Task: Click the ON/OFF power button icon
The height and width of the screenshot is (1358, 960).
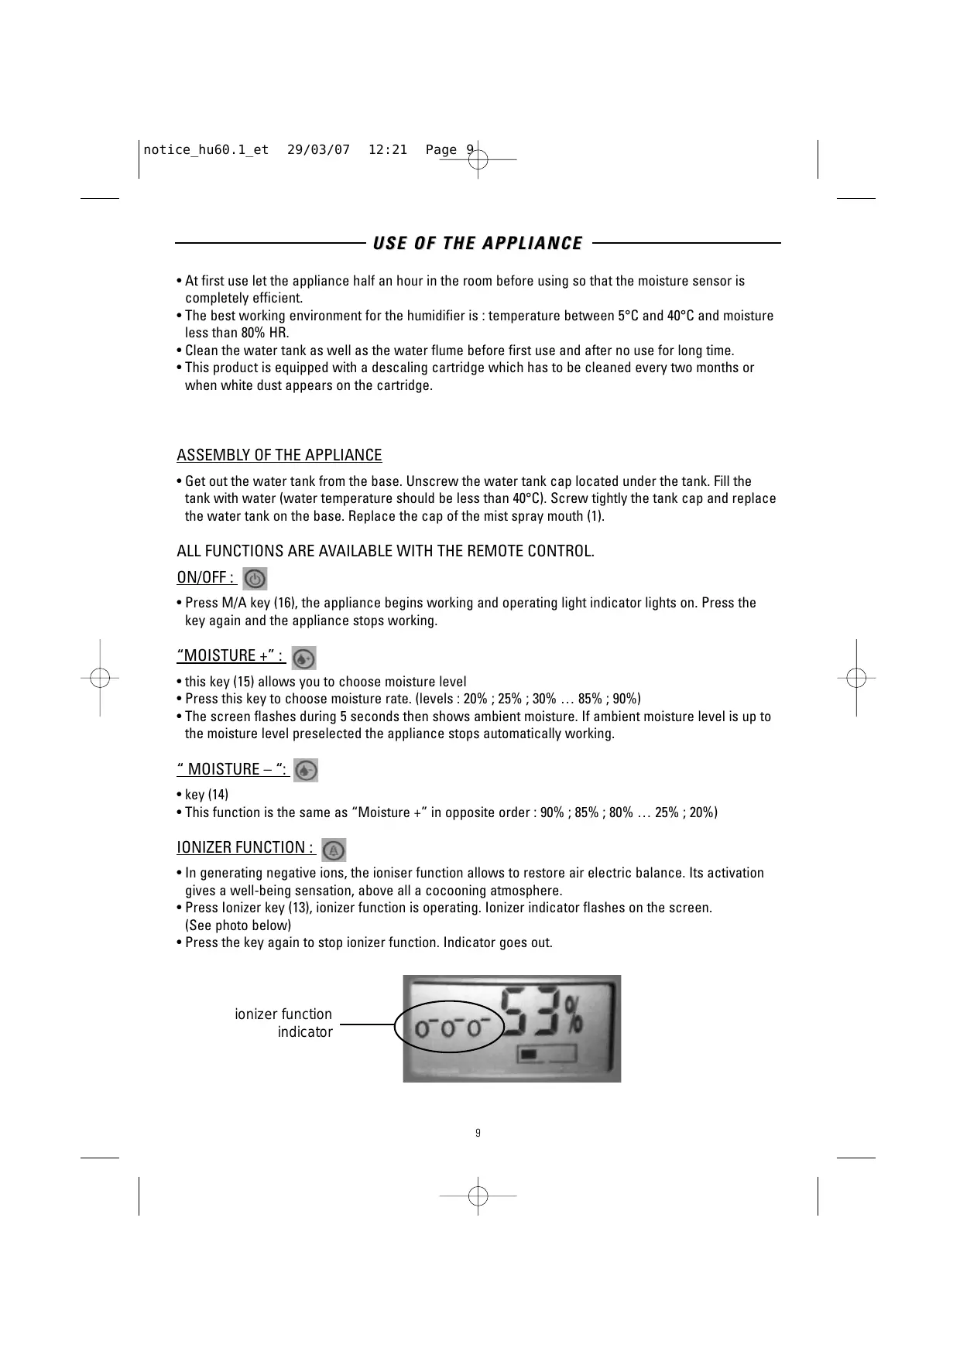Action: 255,579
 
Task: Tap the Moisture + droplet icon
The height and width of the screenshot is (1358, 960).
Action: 304,658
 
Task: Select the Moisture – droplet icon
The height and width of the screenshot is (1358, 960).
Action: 307,771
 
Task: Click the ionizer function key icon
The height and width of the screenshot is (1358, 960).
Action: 334,850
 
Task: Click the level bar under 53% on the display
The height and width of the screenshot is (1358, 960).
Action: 547,1055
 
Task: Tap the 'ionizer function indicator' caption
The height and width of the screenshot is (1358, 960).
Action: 283,1023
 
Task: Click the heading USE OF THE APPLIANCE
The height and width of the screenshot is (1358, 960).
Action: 478,244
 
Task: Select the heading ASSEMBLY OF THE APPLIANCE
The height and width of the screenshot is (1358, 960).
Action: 279,455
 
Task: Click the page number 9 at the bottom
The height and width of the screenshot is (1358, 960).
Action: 478,1134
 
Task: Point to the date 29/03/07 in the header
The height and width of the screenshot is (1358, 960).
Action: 318,150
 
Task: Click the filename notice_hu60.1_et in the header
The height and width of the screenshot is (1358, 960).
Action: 206,150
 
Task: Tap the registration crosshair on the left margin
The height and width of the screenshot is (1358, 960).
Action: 100,678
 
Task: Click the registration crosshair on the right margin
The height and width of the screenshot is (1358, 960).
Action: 855,678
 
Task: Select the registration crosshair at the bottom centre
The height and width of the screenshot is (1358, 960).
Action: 478,1196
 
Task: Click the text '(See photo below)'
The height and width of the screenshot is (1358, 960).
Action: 238,925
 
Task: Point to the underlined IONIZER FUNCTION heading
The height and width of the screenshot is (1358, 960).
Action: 245,848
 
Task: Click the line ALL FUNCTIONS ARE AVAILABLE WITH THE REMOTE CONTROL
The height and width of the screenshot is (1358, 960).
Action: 386,551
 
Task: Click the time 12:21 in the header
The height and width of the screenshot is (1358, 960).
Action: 387,150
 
